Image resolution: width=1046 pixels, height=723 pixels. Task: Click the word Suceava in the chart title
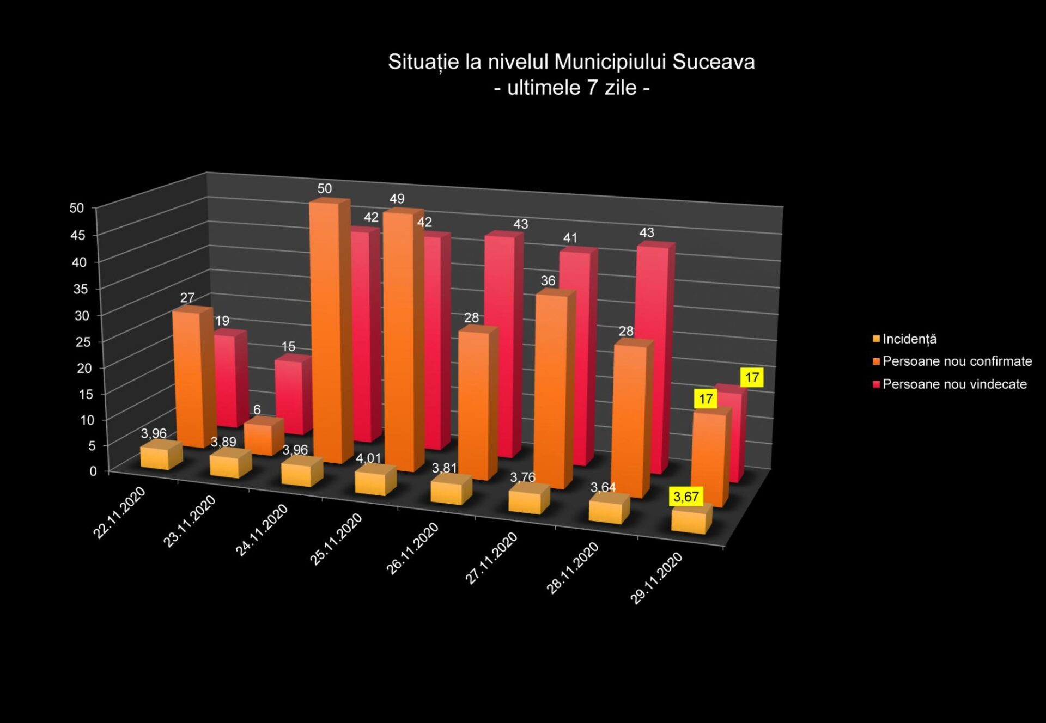click(x=713, y=62)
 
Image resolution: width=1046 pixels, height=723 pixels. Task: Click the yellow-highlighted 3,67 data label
click(x=686, y=497)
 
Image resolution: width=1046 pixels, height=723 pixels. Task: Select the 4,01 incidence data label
click(x=368, y=458)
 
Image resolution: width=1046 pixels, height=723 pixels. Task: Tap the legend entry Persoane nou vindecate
click(x=954, y=384)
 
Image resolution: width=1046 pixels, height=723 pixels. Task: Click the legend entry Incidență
click(x=909, y=339)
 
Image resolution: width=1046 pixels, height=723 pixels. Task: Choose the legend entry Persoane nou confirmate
click(x=957, y=361)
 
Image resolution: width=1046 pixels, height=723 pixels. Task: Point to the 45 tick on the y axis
click(x=78, y=235)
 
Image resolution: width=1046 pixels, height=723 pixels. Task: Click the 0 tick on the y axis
click(x=93, y=471)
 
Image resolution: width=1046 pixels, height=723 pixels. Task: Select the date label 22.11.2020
click(x=119, y=512)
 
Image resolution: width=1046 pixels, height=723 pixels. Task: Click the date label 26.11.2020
click(x=412, y=548)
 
